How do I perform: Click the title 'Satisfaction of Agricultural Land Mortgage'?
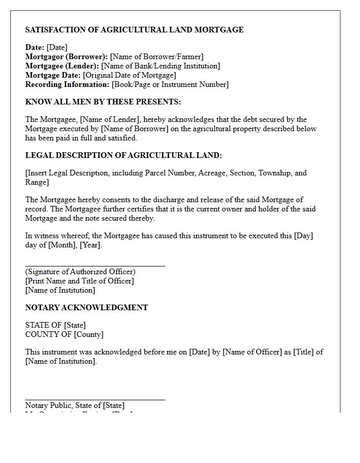[134, 30]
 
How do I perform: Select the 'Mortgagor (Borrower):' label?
[66, 57]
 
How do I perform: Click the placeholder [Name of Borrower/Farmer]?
[157, 57]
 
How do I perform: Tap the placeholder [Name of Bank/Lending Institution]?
[160, 66]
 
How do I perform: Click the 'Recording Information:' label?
[67, 84]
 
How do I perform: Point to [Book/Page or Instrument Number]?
[170, 84]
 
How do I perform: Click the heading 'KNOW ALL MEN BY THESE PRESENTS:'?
[103, 102]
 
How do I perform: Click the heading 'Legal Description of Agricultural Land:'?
[123, 155]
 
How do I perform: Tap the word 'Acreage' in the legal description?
[211, 173]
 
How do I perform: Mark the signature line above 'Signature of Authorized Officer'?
[95, 266]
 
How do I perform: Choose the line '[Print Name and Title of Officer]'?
[79, 281]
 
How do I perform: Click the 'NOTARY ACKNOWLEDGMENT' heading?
[86, 308]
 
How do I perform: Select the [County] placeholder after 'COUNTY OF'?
[89, 334]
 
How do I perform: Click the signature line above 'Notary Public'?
[95, 399]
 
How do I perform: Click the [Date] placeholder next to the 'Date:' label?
[57, 47]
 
